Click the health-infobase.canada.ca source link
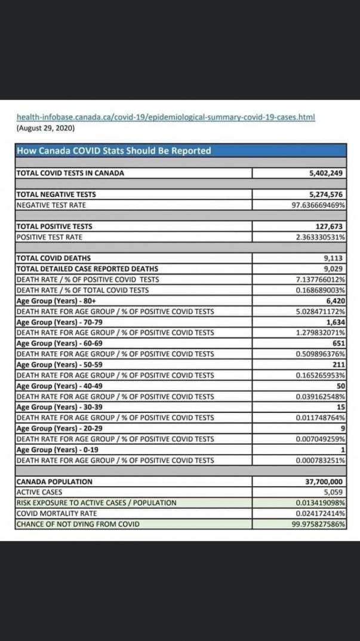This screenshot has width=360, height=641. (165, 117)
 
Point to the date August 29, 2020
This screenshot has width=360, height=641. (45, 128)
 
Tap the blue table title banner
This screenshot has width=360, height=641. (180, 151)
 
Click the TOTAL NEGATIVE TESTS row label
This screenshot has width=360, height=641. (56, 194)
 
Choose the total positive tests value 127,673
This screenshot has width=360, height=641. (330, 226)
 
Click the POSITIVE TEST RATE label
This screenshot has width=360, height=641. (49, 237)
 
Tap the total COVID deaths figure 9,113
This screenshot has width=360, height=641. (334, 258)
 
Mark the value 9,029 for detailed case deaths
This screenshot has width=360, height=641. (334, 269)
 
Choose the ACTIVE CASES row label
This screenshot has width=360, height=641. (39, 492)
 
